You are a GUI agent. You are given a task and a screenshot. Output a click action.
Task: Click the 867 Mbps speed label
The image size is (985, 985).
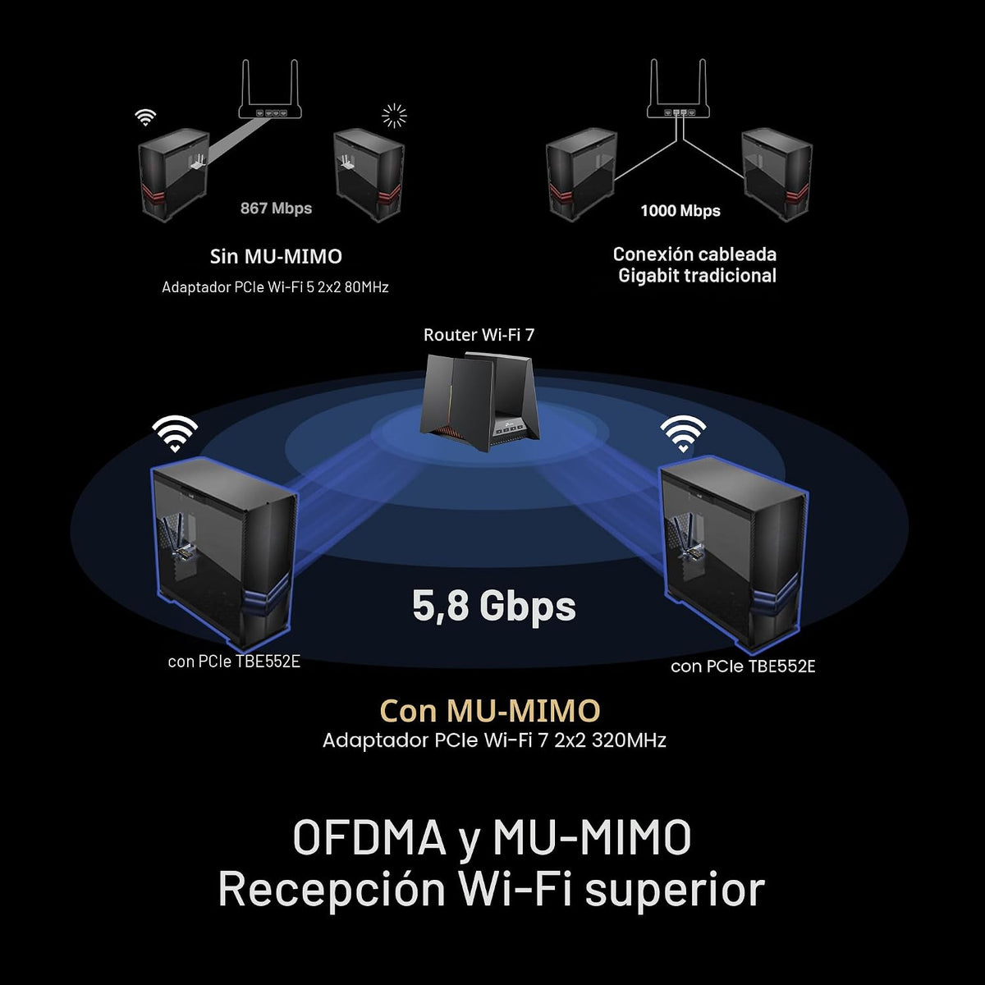point(276,208)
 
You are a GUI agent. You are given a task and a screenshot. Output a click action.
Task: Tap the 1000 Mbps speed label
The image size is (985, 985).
point(680,211)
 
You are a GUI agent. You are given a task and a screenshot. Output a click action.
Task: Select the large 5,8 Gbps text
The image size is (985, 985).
point(494,607)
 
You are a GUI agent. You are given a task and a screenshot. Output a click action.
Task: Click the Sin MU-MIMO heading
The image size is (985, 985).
point(276,257)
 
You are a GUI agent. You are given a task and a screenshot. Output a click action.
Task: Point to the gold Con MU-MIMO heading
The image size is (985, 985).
point(490,711)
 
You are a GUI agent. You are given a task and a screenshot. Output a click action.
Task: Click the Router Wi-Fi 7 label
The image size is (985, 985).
point(479,335)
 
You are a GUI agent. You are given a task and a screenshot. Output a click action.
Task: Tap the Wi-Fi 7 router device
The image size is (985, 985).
point(479,401)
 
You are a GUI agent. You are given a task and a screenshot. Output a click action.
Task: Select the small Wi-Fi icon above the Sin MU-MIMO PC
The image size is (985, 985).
point(145,117)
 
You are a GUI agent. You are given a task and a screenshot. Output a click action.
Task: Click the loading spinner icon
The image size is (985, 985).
point(395,115)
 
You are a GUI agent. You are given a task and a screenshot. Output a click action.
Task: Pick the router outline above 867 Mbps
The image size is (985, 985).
point(270,90)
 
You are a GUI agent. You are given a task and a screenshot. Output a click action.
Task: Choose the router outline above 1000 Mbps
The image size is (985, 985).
point(678,89)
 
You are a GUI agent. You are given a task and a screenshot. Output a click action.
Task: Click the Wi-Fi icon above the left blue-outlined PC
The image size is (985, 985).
point(175,433)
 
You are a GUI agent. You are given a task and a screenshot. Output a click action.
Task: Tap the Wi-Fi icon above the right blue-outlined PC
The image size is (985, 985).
point(683,433)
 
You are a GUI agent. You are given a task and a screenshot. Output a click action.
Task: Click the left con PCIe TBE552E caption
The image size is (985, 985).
point(234,662)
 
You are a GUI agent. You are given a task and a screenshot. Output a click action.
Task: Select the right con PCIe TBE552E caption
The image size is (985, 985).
point(743,667)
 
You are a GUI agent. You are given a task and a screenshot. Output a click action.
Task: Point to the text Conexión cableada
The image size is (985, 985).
point(694,254)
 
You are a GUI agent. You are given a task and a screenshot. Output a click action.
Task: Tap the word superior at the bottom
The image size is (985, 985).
point(675,891)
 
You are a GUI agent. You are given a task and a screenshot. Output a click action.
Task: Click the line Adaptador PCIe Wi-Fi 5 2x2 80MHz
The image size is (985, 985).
point(275,287)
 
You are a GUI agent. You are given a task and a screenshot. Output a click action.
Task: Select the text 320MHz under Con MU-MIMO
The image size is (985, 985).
point(630,740)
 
